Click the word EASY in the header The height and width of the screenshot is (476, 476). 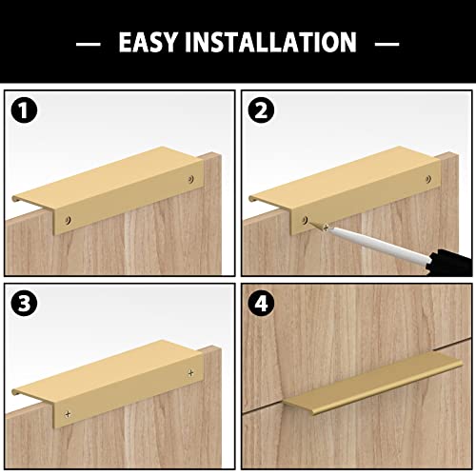click(150, 43)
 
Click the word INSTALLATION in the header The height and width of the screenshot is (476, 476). click(270, 43)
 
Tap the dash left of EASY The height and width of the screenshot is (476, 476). click(88, 43)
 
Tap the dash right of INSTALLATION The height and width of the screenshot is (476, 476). click(387, 43)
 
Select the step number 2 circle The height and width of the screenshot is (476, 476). click(259, 111)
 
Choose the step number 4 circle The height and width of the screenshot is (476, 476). click(259, 305)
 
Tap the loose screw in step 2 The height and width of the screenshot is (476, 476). click(324, 227)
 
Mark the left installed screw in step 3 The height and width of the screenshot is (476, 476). click(68, 413)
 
